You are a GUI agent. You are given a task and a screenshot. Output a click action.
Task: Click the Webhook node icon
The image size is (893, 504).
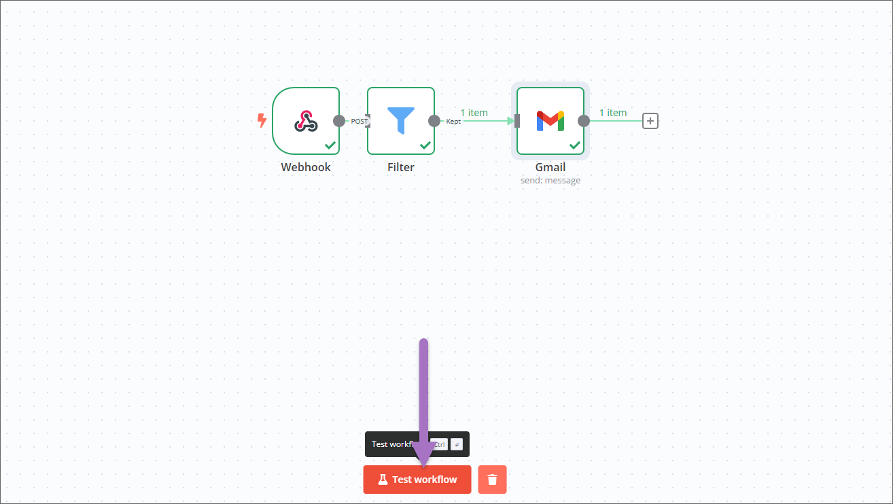pos(306,121)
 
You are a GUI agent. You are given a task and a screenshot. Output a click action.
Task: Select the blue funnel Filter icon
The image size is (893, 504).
pos(401,120)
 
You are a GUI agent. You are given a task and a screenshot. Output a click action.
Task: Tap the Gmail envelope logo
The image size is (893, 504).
pos(550,121)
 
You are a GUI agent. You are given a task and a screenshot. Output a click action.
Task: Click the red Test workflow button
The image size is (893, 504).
pos(417,480)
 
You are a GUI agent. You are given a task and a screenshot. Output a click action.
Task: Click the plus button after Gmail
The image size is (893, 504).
pos(650,121)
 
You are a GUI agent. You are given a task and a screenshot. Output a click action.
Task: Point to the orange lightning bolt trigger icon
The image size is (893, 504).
pos(262,121)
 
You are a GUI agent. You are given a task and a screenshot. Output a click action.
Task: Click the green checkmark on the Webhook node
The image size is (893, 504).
pos(330,145)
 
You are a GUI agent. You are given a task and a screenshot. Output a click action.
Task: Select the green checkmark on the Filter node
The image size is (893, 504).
pos(425,145)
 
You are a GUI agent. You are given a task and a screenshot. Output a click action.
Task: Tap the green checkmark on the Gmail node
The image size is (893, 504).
pos(575,145)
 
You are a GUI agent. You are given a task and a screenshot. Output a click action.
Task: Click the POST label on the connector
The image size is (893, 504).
pos(359,121)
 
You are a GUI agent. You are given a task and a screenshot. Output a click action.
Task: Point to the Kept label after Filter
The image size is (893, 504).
pos(453,121)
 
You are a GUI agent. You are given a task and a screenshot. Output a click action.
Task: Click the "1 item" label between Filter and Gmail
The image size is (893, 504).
pos(474,113)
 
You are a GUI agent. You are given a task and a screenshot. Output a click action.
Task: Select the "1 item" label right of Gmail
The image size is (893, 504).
pos(613,113)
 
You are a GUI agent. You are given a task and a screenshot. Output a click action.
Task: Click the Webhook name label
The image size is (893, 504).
pos(306,167)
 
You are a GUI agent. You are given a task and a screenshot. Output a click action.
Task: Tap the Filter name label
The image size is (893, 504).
pos(401,167)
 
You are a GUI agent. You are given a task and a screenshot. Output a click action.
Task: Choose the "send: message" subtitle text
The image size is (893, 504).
pos(550,181)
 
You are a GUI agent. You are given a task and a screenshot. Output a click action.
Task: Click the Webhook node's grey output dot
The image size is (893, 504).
pos(339,121)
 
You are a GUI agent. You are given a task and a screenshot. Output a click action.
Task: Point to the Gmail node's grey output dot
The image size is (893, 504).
pos(584,121)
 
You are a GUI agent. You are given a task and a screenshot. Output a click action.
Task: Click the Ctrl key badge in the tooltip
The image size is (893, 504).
pos(440,444)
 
